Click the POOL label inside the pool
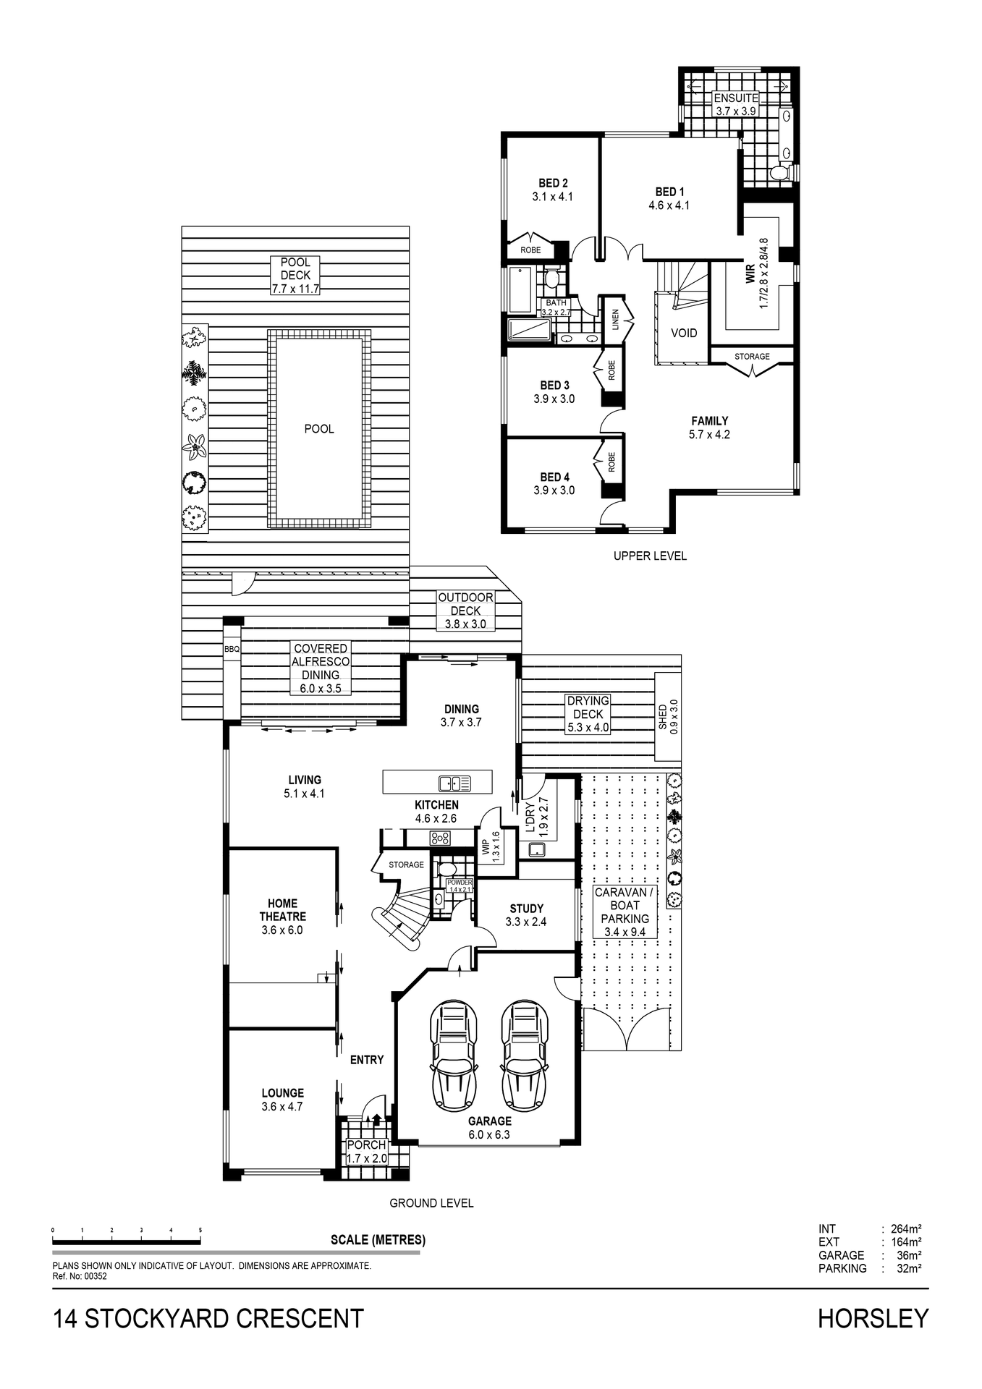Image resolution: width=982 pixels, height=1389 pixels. [319, 429]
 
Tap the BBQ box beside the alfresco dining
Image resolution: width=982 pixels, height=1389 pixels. [232, 650]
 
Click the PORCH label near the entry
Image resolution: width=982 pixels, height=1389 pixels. [366, 1145]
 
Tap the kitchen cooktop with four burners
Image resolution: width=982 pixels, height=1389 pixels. [440, 838]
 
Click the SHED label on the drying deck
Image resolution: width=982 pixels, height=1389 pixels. [663, 717]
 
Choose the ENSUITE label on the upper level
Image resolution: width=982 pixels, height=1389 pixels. [736, 98]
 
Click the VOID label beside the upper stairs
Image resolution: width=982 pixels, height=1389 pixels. [684, 333]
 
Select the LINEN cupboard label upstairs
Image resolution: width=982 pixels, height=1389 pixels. [615, 319]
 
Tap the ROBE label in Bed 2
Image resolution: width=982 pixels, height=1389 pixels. [530, 250]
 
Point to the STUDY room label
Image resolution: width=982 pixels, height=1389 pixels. [526, 909]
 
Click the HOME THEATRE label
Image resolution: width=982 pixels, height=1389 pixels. [282, 910]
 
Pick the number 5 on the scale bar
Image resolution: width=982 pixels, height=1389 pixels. [200, 1230]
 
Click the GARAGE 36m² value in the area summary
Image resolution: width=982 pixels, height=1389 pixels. [909, 1255]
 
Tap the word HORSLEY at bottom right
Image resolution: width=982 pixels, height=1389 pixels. [873, 1319]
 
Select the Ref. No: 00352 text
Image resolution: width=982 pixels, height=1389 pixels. [80, 1277]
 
